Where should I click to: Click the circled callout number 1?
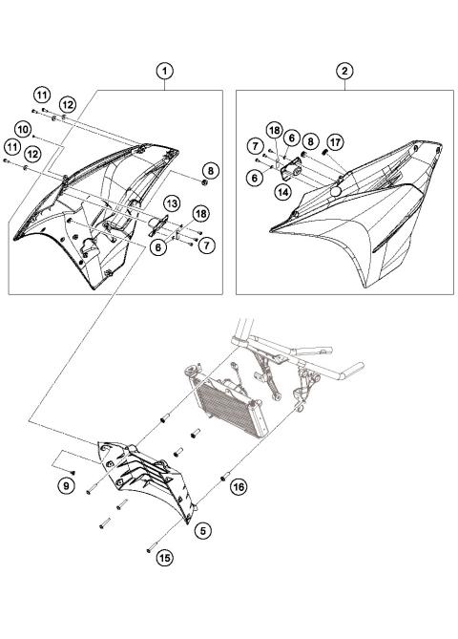pyautogui.click(x=165, y=71)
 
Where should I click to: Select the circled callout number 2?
pyautogui.click(x=343, y=71)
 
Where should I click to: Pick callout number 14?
pyautogui.click(x=282, y=192)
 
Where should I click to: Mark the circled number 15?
pyautogui.click(x=165, y=557)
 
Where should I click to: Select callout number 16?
pyautogui.click(x=239, y=486)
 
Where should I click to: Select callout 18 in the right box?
pyautogui.click(x=274, y=131)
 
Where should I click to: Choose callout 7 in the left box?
pyautogui.click(x=207, y=245)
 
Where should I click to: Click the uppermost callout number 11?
pyautogui.click(x=42, y=94)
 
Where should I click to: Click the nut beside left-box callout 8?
pyautogui.click(x=205, y=181)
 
